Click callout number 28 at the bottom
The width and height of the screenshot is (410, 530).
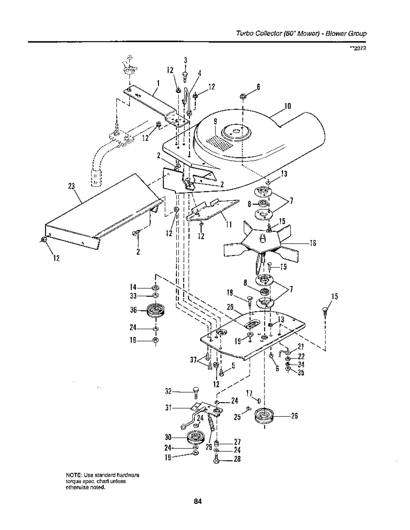coord(237,466)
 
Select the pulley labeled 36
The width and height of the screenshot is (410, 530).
coord(156,311)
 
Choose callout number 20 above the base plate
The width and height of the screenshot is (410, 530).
coord(230,308)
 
